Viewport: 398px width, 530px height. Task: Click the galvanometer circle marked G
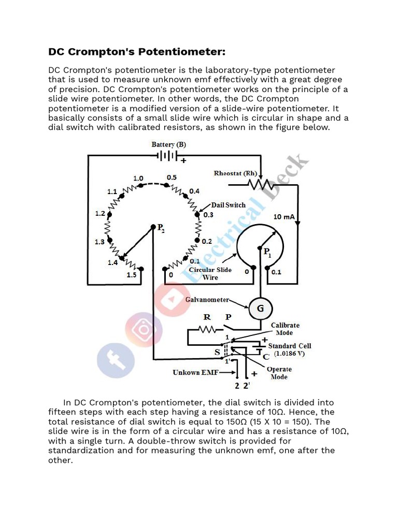pos(261,309)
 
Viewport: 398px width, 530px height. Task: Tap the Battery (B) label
pos(168,144)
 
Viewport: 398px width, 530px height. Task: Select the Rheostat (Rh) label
pos(235,173)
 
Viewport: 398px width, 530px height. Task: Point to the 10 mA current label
pos(285,216)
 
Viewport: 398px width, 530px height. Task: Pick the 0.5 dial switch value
pos(172,178)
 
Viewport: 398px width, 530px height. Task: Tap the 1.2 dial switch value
pos(100,213)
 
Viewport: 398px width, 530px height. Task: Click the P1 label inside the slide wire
pos(267,253)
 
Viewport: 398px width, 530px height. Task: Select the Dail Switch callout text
pos(228,205)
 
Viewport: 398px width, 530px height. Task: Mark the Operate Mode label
pos(279,373)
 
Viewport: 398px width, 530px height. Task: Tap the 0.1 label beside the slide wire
pos(276,272)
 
